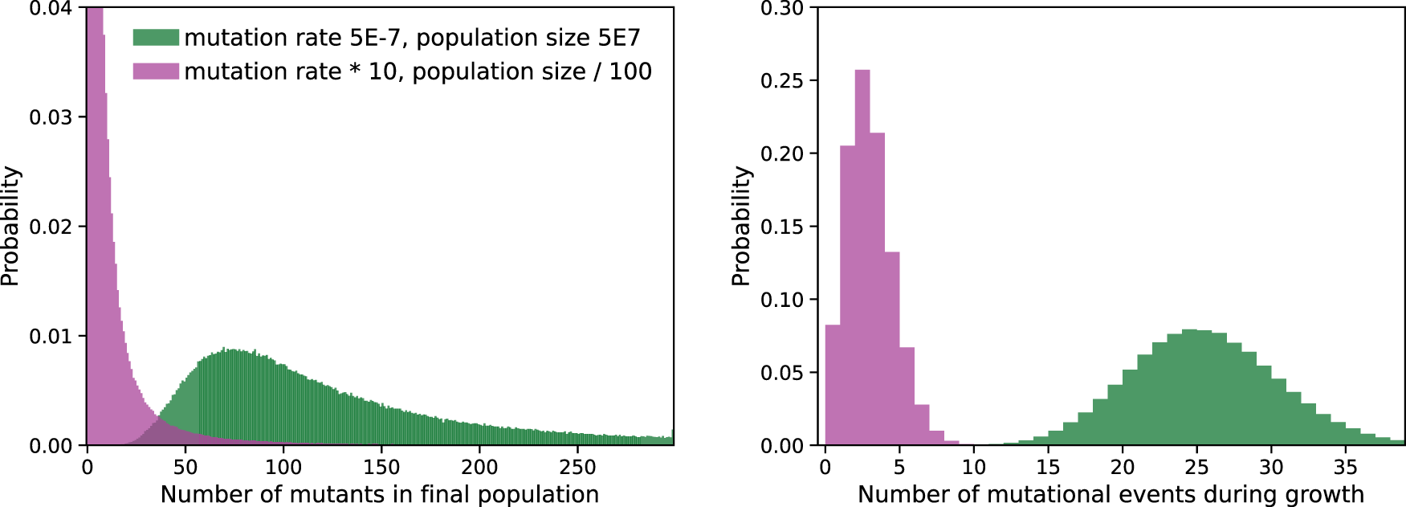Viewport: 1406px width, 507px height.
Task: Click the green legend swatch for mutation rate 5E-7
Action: [156, 38]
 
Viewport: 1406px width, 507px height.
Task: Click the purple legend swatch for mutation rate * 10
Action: [156, 72]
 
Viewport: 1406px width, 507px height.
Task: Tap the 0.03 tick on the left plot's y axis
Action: [51, 117]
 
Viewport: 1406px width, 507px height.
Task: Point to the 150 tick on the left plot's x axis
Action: [381, 467]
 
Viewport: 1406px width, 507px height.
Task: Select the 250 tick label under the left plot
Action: [577, 467]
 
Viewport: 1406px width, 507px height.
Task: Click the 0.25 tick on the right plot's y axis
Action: [781, 80]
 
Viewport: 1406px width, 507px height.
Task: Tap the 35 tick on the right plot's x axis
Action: [1345, 467]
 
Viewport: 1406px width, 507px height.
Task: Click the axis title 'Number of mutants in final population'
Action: [380, 494]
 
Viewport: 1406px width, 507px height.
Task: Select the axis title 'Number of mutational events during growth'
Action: [1111, 494]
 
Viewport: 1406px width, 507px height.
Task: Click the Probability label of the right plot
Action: [741, 226]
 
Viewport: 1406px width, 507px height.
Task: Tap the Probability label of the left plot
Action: [10, 226]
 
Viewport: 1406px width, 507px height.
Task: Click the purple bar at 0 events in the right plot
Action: [833, 386]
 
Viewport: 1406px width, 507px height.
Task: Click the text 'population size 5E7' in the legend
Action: [528, 38]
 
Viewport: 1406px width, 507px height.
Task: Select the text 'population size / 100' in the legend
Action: [532, 72]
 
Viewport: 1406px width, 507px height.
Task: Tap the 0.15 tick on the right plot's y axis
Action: [781, 227]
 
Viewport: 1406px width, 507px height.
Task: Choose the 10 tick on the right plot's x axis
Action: [973, 467]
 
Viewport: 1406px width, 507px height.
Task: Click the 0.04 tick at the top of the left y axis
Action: [51, 9]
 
